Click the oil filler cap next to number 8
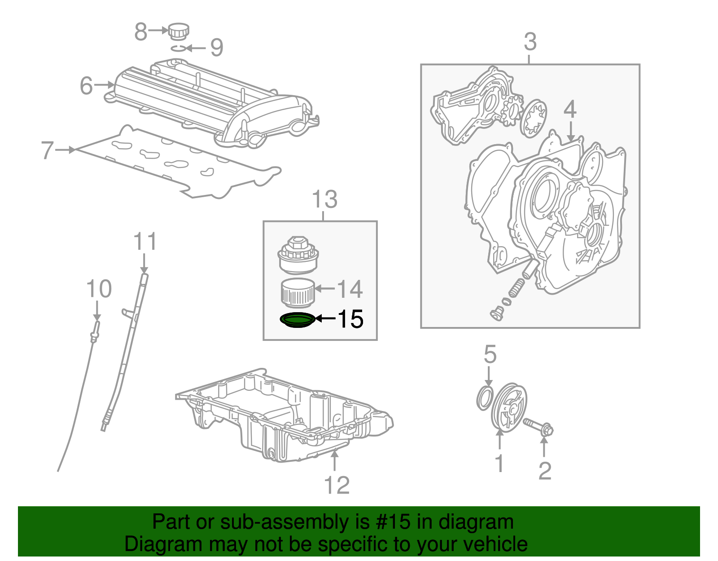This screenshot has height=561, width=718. point(179,31)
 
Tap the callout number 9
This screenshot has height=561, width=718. point(217,48)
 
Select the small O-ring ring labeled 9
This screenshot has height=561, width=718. point(177,48)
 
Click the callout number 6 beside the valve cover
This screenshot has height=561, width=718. point(86,85)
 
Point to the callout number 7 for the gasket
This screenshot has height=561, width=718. point(48,150)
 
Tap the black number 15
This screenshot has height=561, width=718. point(350,319)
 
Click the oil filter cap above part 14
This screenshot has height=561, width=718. point(298,256)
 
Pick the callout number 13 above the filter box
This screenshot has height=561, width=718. point(324,199)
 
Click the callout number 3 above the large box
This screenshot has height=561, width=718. point(530,42)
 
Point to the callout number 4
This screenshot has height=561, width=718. point(570,109)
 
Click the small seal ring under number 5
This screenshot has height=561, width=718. point(485,398)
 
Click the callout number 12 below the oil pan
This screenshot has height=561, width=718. point(337,485)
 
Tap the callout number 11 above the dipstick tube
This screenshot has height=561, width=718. point(145,242)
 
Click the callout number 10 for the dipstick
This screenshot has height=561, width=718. point(99,289)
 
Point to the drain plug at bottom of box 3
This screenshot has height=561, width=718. point(496,314)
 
